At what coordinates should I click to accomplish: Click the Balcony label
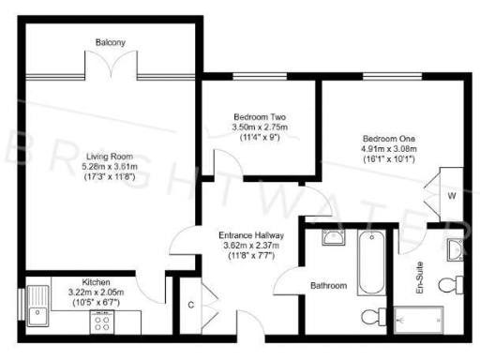point(110,41)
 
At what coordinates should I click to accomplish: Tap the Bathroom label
point(328,285)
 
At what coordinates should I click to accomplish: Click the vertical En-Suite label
point(421,277)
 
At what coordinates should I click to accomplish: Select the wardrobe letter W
point(450,196)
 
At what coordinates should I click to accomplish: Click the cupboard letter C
point(191,304)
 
